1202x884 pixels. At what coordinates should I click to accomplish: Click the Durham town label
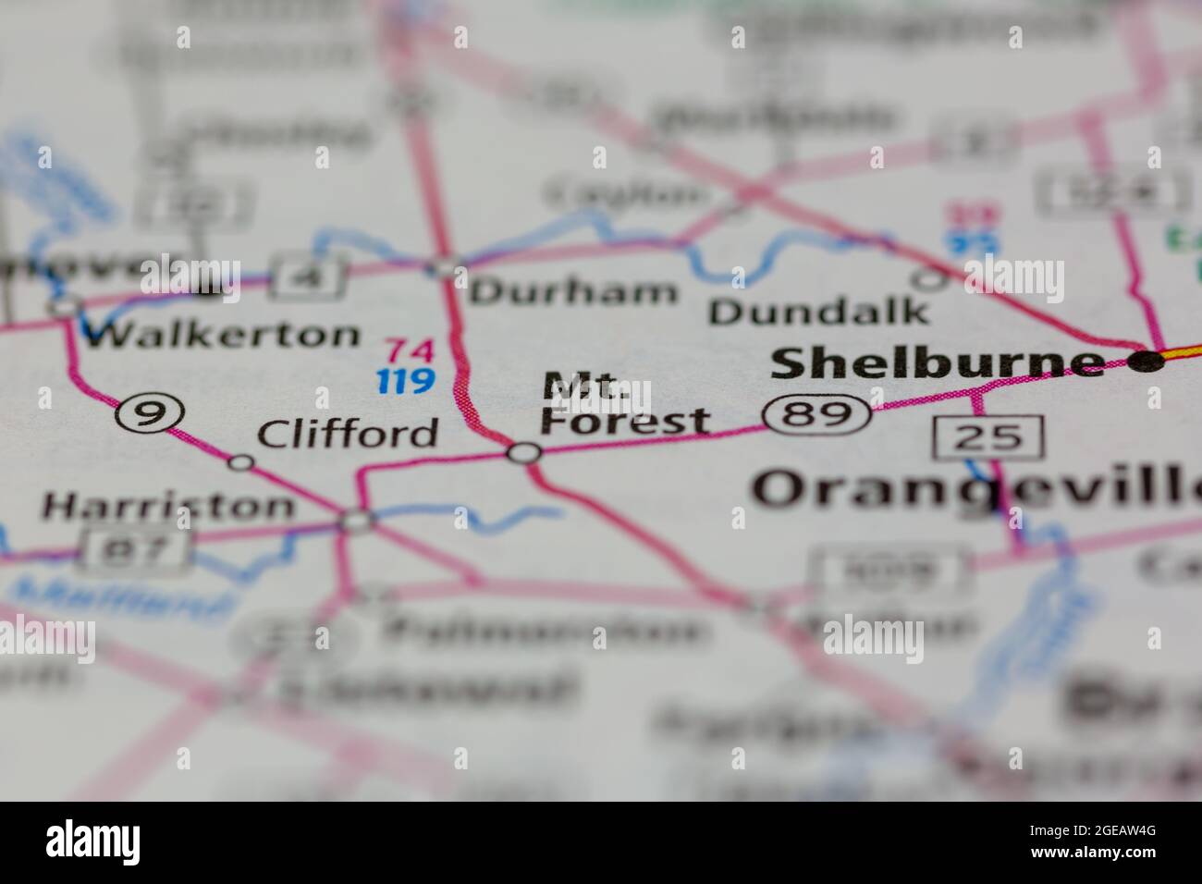(x=573, y=292)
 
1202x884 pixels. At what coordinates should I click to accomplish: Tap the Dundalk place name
(x=818, y=312)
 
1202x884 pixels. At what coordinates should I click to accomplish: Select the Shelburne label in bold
(x=937, y=363)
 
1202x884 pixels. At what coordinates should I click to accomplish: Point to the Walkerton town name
(x=220, y=334)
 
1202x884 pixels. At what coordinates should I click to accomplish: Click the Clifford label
(x=348, y=433)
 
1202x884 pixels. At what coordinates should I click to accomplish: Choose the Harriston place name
(x=169, y=506)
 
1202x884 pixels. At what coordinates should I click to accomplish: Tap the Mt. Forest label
(x=626, y=406)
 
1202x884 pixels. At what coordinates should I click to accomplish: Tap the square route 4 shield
(x=308, y=276)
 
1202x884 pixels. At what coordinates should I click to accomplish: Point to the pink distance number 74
(x=408, y=350)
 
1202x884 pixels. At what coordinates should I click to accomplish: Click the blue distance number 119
(x=406, y=380)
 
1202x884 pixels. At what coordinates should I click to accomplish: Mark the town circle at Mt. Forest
(x=524, y=453)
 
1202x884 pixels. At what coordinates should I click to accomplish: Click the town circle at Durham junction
(x=446, y=269)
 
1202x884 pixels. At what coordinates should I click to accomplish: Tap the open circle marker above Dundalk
(x=928, y=277)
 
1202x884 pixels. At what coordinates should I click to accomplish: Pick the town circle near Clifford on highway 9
(x=240, y=462)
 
